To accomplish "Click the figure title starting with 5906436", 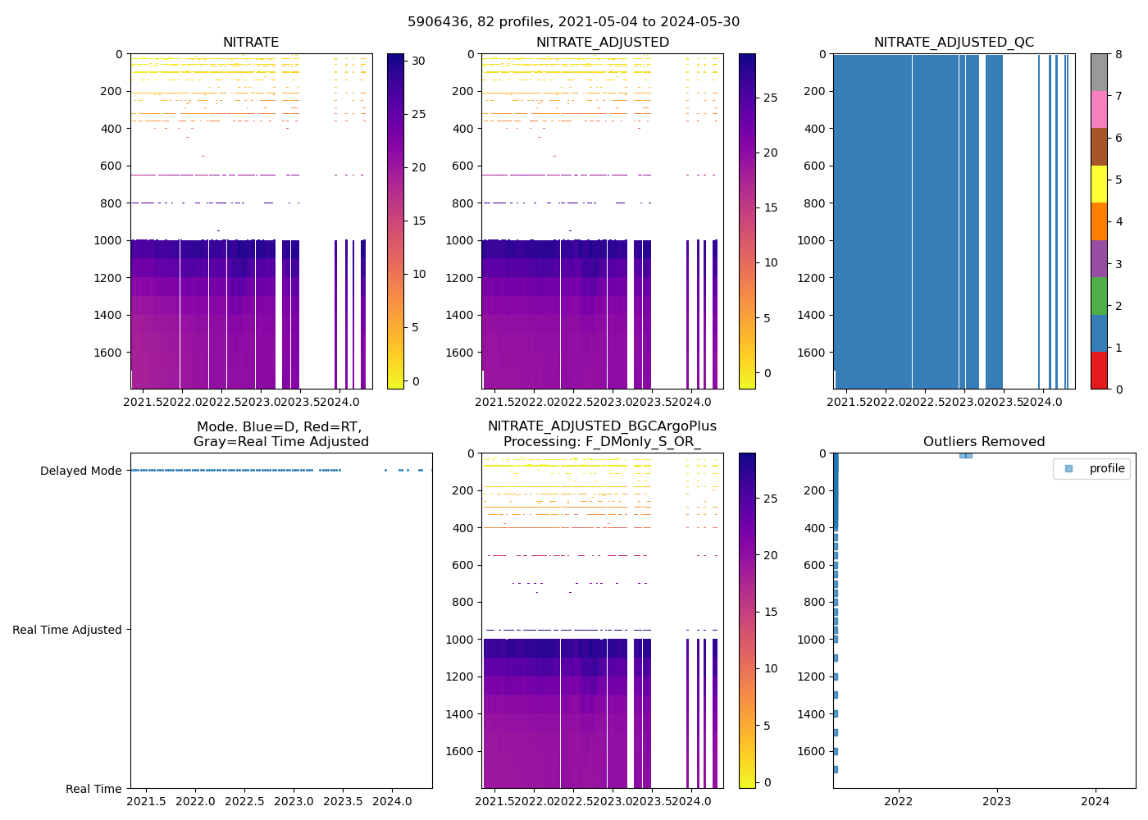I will tap(573, 22).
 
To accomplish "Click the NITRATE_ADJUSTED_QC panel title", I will tap(954, 43).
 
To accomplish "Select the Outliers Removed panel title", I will tap(984, 442).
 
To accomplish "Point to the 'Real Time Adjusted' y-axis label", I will tap(67, 630).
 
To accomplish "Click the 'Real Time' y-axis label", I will tap(93, 789).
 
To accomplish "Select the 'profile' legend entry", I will tap(1106, 468).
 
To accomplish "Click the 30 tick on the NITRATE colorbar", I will tap(419, 61).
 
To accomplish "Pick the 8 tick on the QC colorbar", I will tap(1118, 54).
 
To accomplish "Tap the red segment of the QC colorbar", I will tap(1099, 370).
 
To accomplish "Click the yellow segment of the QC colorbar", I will tap(1099, 184).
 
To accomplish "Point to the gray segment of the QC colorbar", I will tap(1099, 72).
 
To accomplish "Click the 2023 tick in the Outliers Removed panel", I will tap(997, 801).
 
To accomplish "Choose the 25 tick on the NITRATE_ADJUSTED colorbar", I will tap(771, 98).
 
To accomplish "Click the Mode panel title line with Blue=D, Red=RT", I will tap(279, 427).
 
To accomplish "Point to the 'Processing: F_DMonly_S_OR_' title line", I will tap(602, 442).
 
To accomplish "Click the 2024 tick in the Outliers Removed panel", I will tap(1096, 801).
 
